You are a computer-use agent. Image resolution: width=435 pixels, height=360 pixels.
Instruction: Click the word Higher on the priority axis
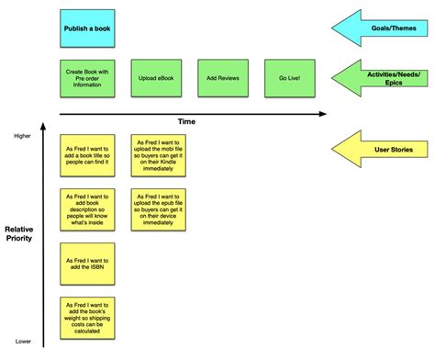point(22,135)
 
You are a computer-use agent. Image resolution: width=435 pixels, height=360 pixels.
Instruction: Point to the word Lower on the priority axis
point(22,342)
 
